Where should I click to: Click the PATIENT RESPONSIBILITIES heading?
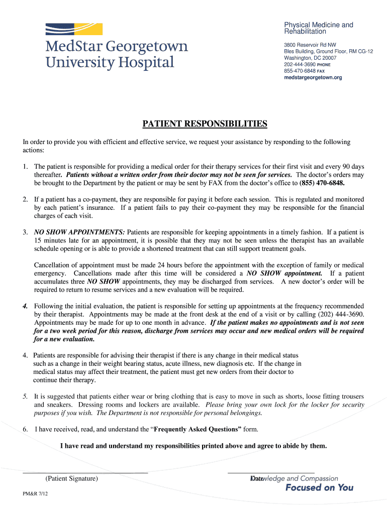click(205, 124)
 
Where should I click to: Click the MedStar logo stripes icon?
click(74, 29)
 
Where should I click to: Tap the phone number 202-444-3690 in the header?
click(300, 65)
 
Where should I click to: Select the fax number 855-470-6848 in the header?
click(300, 71)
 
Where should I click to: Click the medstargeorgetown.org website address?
click(313, 78)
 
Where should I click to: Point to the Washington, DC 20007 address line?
click(310, 58)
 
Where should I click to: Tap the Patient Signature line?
click(85, 472)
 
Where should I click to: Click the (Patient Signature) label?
click(71, 479)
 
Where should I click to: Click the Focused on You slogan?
click(319, 487)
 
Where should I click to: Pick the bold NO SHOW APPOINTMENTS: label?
click(79, 232)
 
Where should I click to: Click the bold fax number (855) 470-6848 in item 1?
click(322, 183)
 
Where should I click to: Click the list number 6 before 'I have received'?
click(25, 430)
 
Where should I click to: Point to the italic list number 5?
click(25, 397)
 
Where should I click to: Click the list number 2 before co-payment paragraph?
click(25, 200)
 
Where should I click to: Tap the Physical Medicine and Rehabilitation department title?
click(319, 28)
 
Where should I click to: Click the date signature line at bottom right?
click(271, 472)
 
